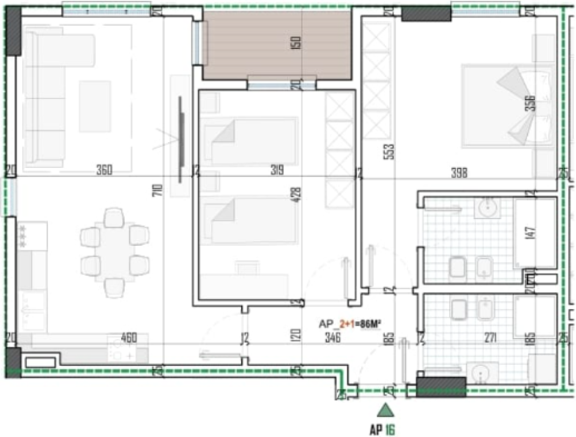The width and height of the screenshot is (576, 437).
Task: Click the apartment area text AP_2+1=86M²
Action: click(349, 324)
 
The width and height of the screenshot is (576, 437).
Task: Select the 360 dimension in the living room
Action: click(104, 170)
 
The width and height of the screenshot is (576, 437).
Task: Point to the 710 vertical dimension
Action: click(159, 189)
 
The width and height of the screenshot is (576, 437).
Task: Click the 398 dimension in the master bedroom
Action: click(459, 173)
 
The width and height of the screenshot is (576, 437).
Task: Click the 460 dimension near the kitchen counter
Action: click(129, 338)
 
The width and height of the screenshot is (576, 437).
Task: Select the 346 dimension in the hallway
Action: click(332, 338)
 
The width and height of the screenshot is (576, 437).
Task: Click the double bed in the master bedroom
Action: click(507, 106)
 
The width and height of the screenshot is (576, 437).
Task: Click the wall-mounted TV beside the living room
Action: click(181, 139)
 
